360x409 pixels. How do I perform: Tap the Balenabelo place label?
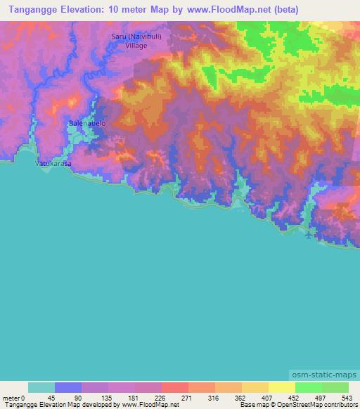click(x=86, y=124)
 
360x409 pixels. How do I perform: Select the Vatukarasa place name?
click(x=53, y=162)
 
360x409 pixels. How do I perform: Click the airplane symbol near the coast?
click(x=310, y=235)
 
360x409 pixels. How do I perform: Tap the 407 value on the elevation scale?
click(x=268, y=397)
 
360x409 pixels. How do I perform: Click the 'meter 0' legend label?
click(x=13, y=397)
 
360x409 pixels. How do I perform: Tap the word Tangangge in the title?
click(x=32, y=10)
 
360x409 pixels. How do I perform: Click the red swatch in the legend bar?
click(x=174, y=387)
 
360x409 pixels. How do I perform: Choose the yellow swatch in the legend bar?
click(x=281, y=387)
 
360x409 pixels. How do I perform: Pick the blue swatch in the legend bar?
click(x=68, y=387)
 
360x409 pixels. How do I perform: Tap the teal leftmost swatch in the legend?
click(x=41, y=387)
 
